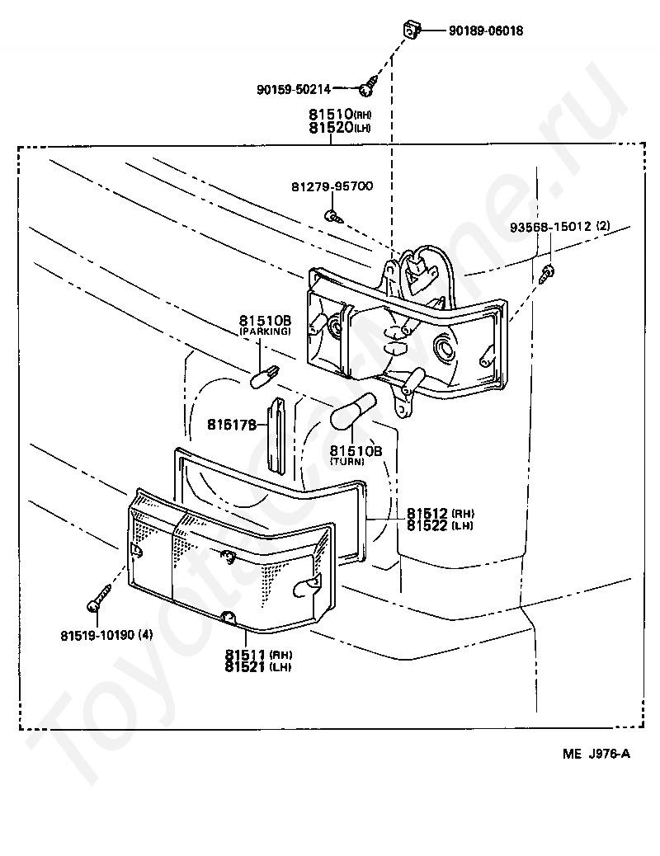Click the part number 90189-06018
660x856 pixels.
[x=486, y=31]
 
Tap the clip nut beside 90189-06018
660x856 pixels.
[x=411, y=30]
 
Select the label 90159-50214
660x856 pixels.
[x=294, y=89]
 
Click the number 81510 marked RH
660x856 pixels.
[x=331, y=114]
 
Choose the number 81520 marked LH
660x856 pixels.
[x=331, y=128]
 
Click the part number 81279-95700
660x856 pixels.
[x=332, y=186]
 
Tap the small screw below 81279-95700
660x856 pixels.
[x=333, y=216]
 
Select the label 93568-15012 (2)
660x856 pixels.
[x=560, y=226]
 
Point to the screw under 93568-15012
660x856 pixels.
[x=547, y=272]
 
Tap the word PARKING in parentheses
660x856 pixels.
[x=265, y=332]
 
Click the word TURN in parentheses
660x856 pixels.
[x=347, y=461]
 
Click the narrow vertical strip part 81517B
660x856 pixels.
[x=277, y=435]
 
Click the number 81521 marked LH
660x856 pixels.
[x=245, y=667]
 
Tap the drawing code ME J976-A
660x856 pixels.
[x=596, y=754]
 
